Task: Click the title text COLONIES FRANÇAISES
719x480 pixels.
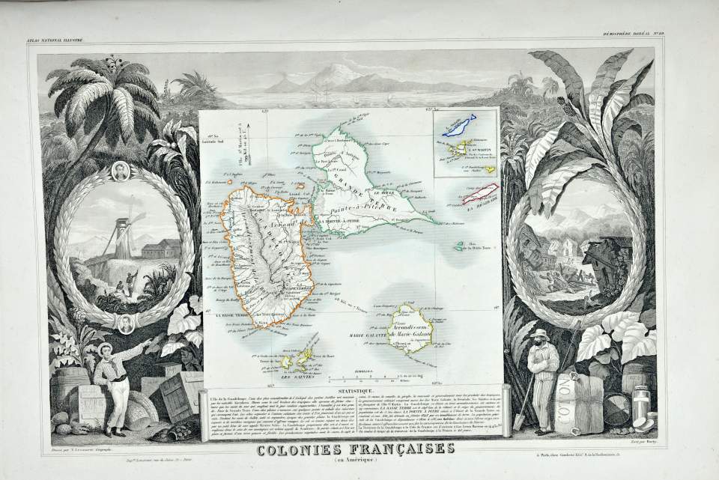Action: [x=355, y=449]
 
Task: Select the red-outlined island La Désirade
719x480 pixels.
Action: [x=483, y=195]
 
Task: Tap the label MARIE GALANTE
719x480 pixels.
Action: [x=367, y=333]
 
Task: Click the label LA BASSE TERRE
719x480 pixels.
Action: [x=229, y=318]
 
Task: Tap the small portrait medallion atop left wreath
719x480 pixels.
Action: [x=120, y=171]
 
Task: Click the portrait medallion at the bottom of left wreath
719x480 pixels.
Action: [x=126, y=323]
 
